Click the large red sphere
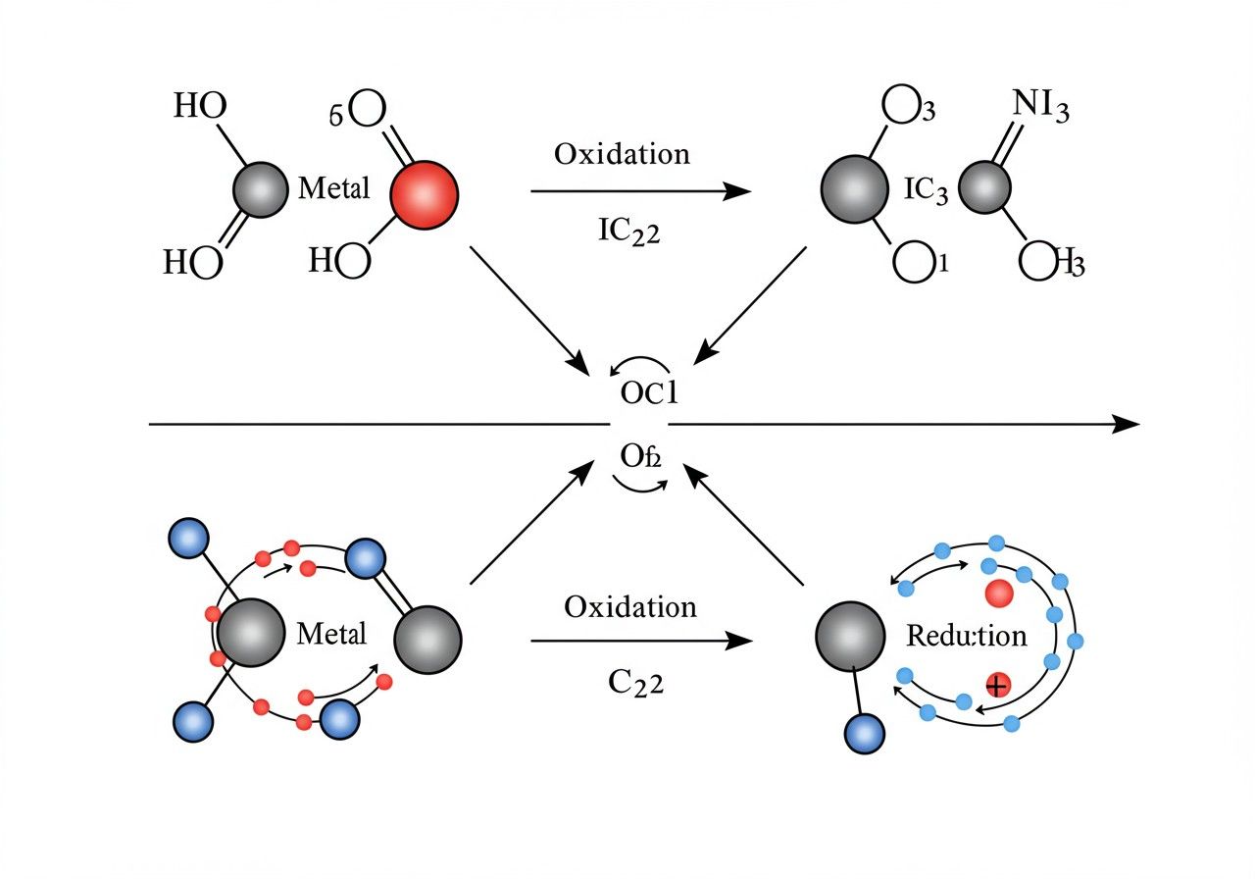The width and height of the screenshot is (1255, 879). pyautogui.click(x=424, y=194)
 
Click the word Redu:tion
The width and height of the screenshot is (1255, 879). pyautogui.click(x=966, y=636)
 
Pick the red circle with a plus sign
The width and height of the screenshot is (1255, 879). pyautogui.click(x=997, y=685)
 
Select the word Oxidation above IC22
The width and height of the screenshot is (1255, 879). pyautogui.click(x=622, y=154)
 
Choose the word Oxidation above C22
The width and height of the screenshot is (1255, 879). pyautogui.click(x=630, y=606)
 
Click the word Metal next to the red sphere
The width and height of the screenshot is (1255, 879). pyautogui.click(x=333, y=188)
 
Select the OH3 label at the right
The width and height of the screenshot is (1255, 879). pyautogui.click(x=1051, y=262)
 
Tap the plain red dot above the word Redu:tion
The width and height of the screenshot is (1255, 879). pyautogui.click(x=998, y=593)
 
